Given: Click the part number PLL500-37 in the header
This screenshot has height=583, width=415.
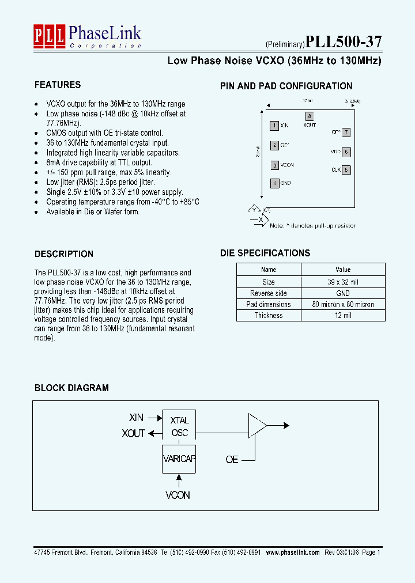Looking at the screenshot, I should pyautogui.click(x=343, y=42).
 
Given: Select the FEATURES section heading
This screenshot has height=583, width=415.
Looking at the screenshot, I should pyautogui.click(x=58, y=85).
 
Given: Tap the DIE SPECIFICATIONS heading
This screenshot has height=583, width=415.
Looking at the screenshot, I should pyautogui.click(x=265, y=253).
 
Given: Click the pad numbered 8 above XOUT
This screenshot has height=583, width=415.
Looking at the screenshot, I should pyautogui.click(x=310, y=116).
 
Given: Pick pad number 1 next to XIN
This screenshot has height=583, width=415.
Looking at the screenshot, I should pyautogui.click(x=275, y=125).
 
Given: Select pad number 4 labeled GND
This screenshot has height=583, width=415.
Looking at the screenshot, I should pyautogui.click(x=275, y=183).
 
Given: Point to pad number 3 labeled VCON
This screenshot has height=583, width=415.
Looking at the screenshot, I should pyautogui.click(x=275, y=165).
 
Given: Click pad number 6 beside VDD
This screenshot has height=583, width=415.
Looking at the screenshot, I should pyautogui.click(x=346, y=152).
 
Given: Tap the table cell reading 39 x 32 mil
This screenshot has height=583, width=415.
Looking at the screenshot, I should pyautogui.click(x=342, y=282).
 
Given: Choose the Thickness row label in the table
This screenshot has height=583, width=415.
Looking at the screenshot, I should pyautogui.click(x=268, y=315).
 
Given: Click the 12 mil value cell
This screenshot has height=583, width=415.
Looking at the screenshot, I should pyautogui.click(x=342, y=315).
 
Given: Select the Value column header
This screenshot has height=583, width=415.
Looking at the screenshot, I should pyautogui.click(x=342, y=270).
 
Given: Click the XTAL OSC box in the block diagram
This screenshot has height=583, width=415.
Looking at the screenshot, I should pyautogui.click(x=179, y=426).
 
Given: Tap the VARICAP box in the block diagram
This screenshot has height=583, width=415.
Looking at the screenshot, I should pyautogui.click(x=179, y=459).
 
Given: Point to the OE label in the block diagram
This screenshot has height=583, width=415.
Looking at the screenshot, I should pyautogui.click(x=232, y=460).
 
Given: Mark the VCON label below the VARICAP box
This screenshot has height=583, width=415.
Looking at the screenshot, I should pyautogui.click(x=178, y=495).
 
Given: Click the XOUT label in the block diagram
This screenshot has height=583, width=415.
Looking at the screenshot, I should pyautogui.click(x=133, y=433).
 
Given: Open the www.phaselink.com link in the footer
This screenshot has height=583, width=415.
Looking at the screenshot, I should pyautogui.click(x=293, y=552).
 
